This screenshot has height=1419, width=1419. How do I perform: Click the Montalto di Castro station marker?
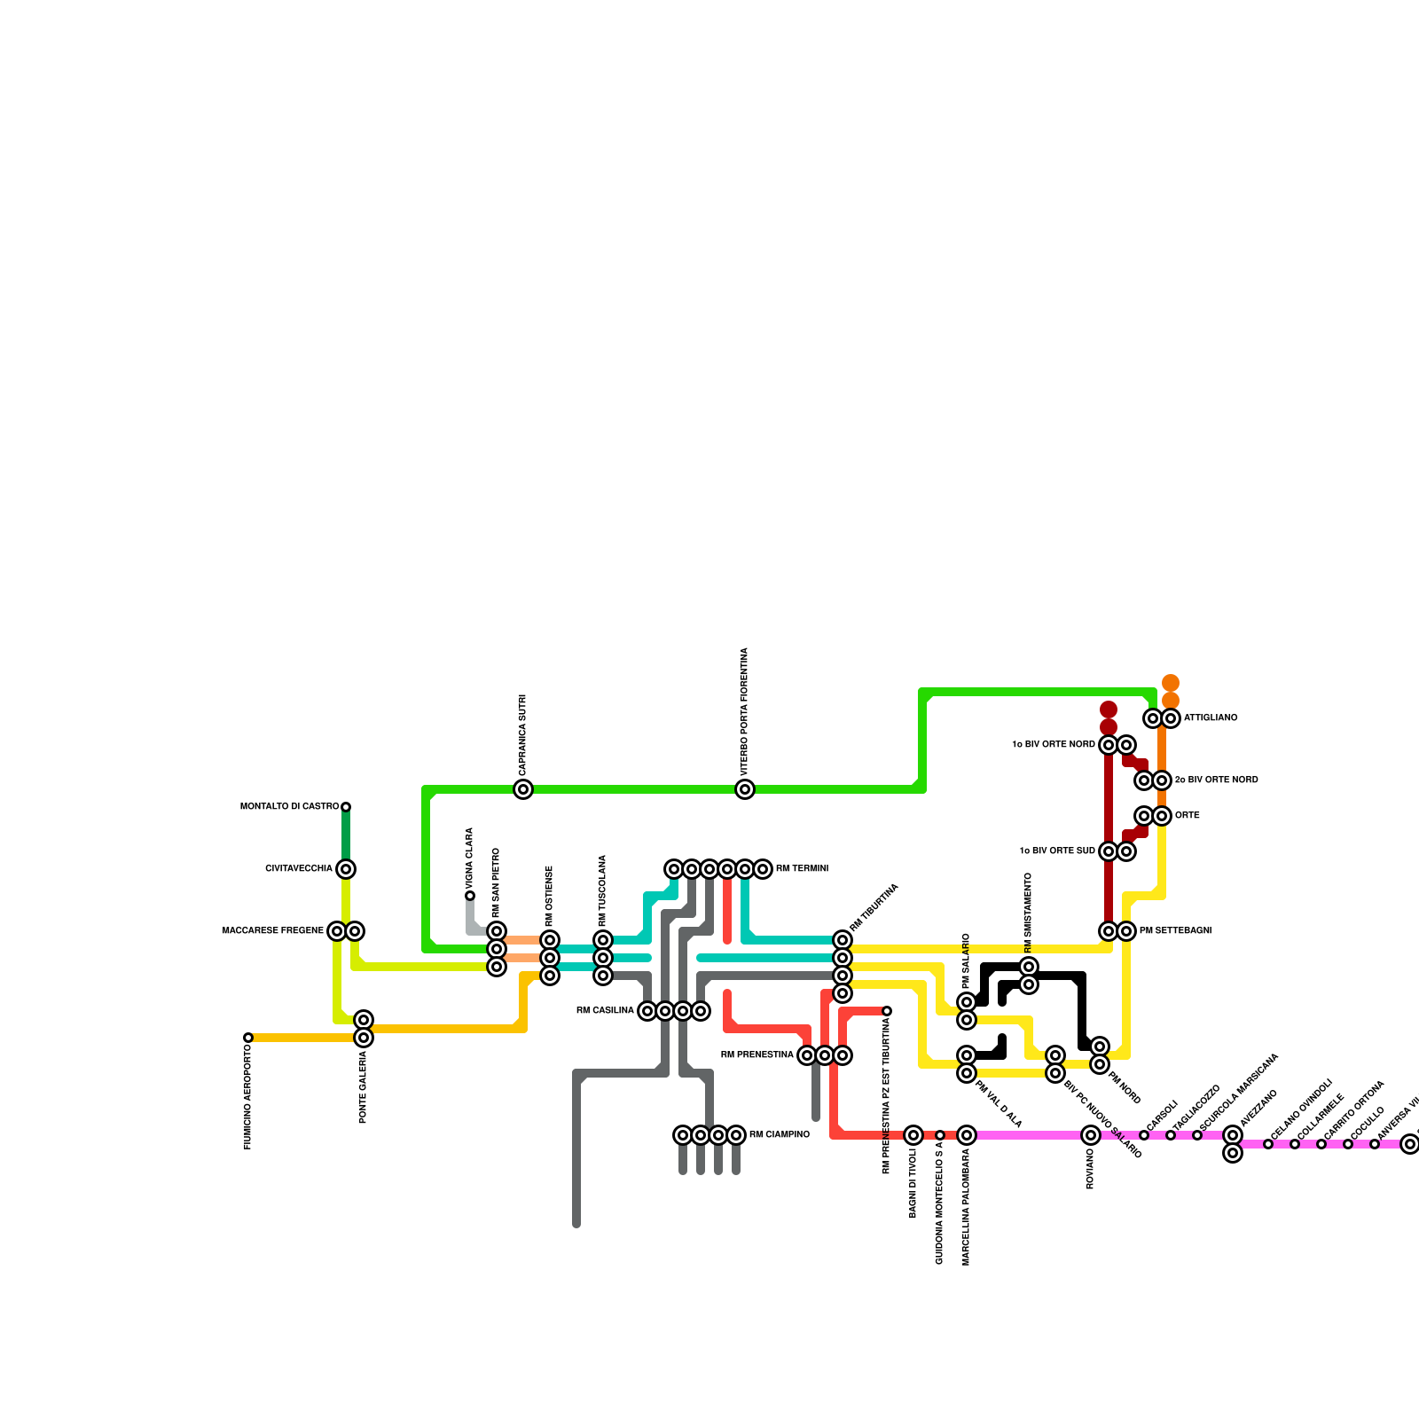(x=346, y=807)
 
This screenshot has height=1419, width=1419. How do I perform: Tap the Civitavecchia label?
(x=299, y=869)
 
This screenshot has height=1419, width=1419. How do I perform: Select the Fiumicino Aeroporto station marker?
(x=248, y=1038)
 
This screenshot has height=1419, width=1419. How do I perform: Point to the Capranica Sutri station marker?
(x=523, y=789)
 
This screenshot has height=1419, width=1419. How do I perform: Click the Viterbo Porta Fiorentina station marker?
(x=745, y=789)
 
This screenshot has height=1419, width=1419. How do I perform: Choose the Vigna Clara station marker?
(x=470, y=896)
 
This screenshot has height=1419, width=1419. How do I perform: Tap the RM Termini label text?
(x=802, y=869)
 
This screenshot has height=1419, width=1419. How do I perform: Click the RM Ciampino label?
(x=779, y=1135)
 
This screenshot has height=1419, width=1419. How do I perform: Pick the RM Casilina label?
(x=605, y=1011)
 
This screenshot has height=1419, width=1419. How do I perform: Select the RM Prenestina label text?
(x=757, y=1055)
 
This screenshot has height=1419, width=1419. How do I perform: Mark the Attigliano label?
(x=1210, y=718)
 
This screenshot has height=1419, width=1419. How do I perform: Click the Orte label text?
(x=1187, y=816)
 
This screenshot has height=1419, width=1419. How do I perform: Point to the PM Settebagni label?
(x=1175, y=931)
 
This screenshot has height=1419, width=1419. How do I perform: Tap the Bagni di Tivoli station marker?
(x=913, y=1135)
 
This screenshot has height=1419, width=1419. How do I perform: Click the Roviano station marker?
(x=1091, y=1135)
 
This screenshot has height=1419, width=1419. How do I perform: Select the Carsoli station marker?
(x=1144, y=1135)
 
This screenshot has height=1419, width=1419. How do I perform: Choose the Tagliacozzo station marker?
(x=1171, y=1135)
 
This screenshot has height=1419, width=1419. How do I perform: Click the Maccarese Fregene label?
(x=273, y=931)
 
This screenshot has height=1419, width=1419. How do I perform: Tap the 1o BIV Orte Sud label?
(x=1057, y=851)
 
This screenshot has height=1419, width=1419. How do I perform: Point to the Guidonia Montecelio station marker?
(x=940, y=1135)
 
